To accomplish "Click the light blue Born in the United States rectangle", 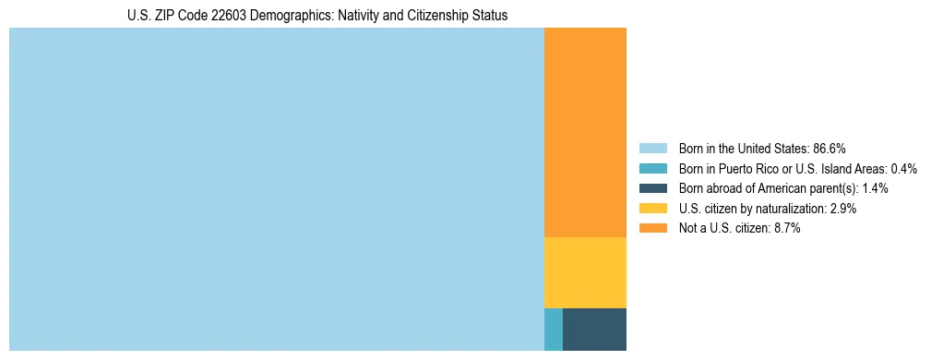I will pyautogui.click(x=277, y=189).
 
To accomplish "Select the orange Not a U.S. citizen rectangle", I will pyautogui.click(x=585, y=132).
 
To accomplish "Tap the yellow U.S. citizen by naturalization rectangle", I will pyautogui.click(x=585, y=272).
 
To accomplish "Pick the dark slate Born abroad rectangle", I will pyautogui.click(x=594, y=330).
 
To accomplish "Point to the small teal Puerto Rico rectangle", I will pyautogui.click(x=554, y=330).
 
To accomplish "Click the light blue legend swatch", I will pyautogui.click(x=652, y=149).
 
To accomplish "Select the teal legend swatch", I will pyautogui.click(x=652, y=169).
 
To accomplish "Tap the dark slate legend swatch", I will pyautogui.click(x=652, y=188).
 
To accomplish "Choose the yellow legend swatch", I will pyautogui.click(x=652, y=209).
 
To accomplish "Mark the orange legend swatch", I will pyautogui.click(x=652, y=228).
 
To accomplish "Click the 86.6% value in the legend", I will pyautogui.click(x=830, y=149).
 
